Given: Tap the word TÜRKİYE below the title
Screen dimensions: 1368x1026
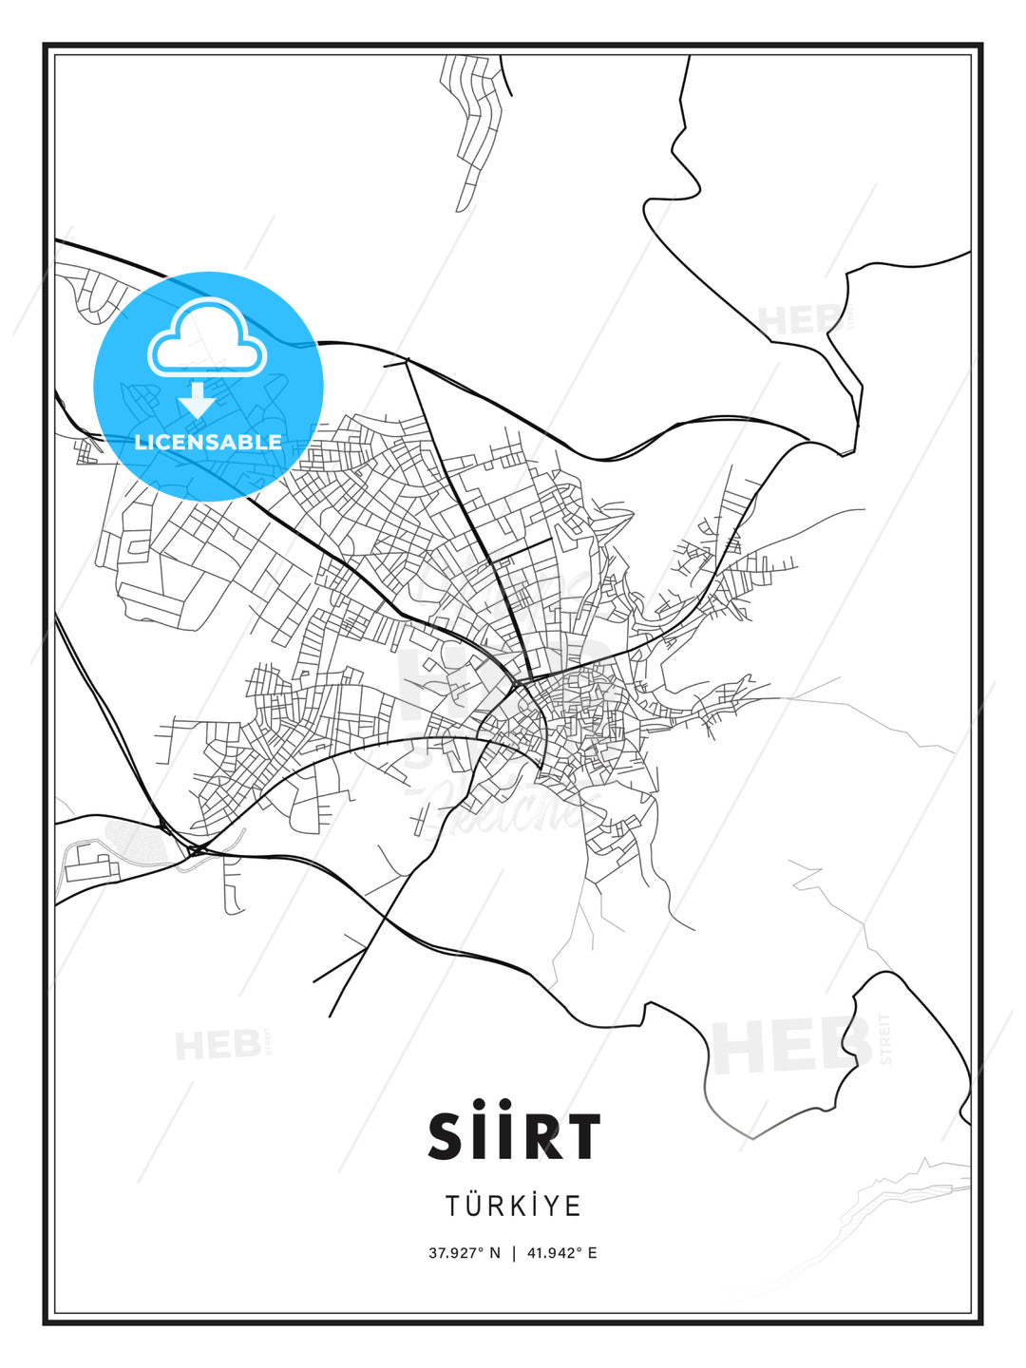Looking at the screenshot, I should [514, 1206].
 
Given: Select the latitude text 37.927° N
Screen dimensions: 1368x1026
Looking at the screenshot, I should [465, 1253].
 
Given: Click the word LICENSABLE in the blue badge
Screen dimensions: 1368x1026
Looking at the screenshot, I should [208, 442].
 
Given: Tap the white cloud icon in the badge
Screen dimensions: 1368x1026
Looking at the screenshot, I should [206, 338].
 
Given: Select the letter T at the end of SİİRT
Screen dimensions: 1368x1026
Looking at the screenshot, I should [581, 1136].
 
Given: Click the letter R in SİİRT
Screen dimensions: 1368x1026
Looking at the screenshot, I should [540, 1136].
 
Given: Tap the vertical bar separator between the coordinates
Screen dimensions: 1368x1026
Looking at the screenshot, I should [514, 1253].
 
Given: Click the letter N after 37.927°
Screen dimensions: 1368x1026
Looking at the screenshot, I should [494, 1253].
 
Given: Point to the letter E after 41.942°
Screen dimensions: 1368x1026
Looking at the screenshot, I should [593, 1253].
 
